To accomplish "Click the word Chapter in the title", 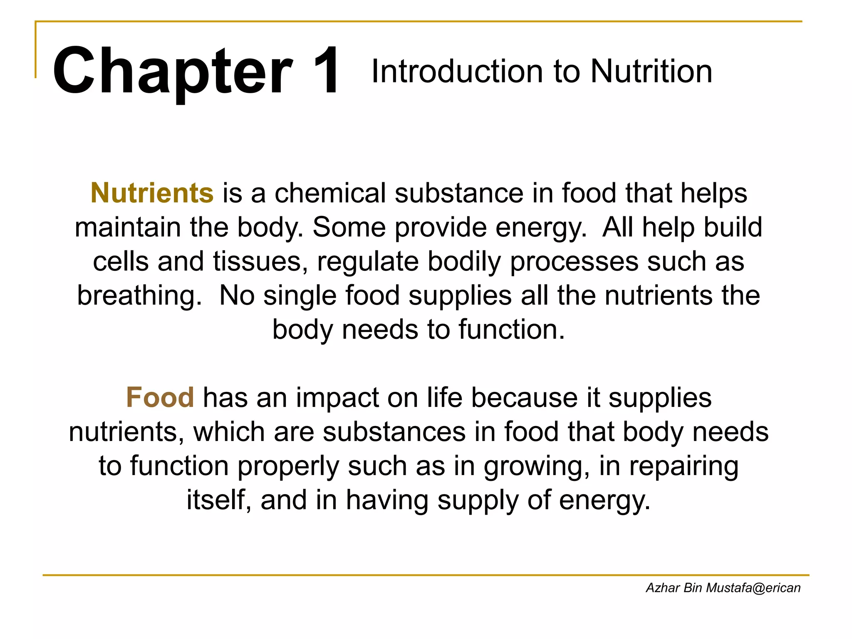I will (172, 72).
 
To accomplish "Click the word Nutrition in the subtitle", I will (651, 72).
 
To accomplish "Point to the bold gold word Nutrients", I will (152, 193).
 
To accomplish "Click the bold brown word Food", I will (160, 397).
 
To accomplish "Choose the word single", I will (300, 297).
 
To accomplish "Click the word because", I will (524, 397).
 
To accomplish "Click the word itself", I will (219, 500).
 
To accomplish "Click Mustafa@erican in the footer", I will (753, 588).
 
